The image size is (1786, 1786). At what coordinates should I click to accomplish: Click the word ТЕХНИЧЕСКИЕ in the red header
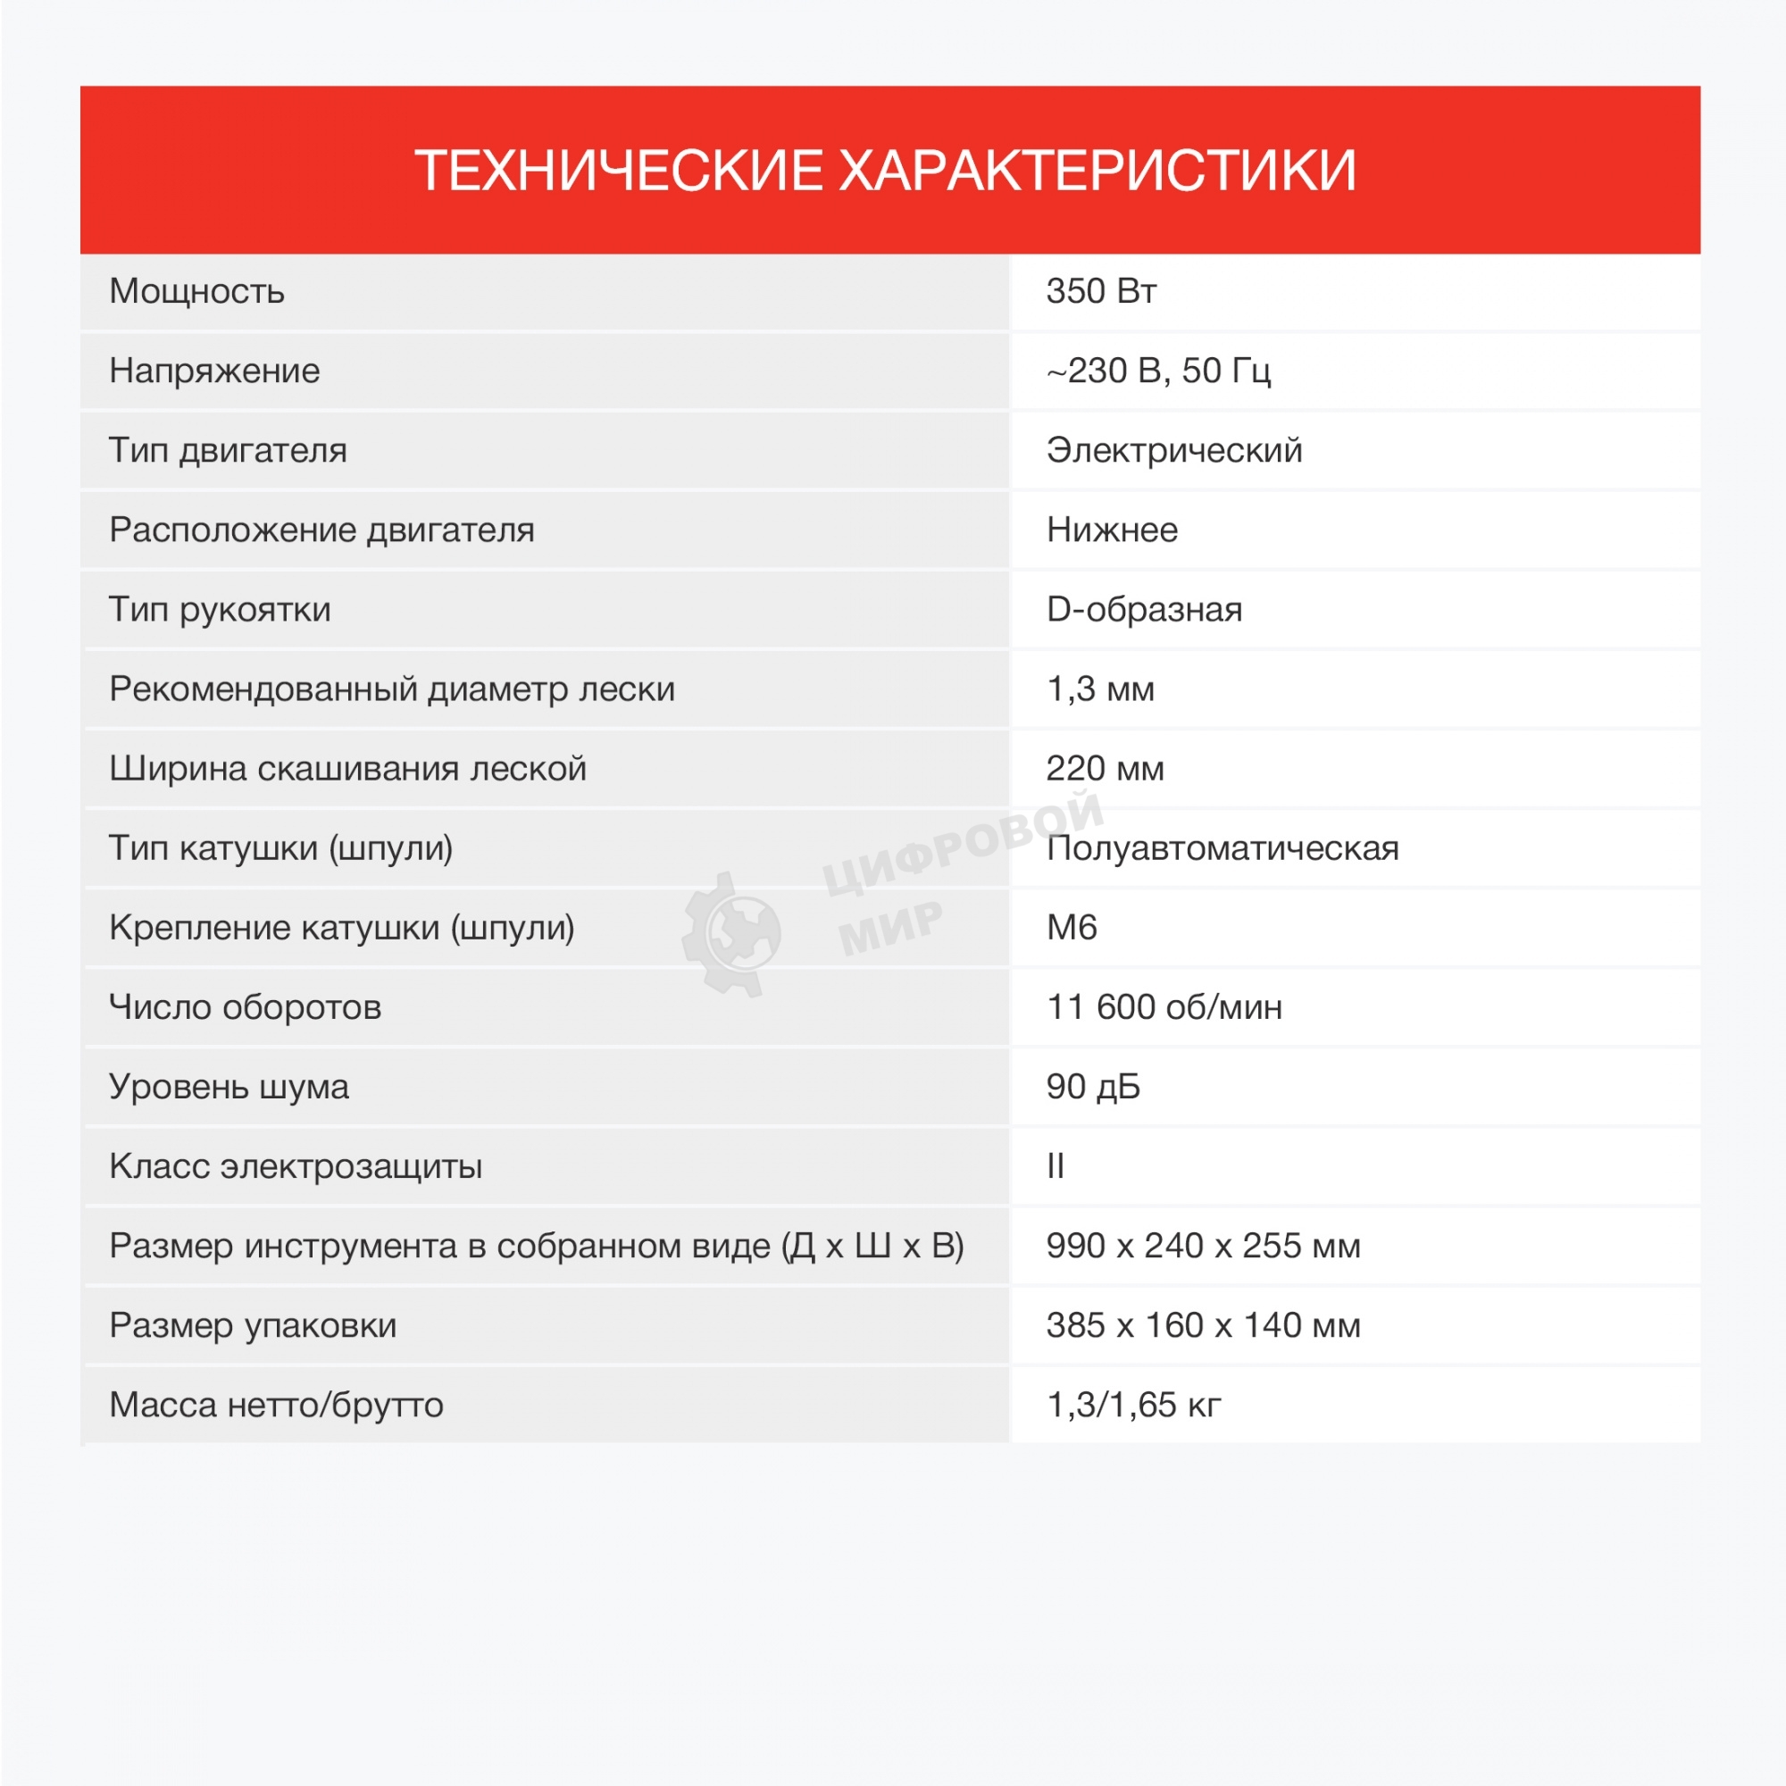point(618,171)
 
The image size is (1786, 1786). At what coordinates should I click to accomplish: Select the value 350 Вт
point(1101,291)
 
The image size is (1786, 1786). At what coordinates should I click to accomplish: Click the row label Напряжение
point(214,371)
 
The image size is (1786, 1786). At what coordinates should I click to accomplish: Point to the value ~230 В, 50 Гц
point(1158,371)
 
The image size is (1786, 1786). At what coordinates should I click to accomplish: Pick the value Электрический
point(1174,450)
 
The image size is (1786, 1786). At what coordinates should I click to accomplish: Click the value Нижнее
point(1112,530)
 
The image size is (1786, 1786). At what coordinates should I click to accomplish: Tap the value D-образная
point(1144,609)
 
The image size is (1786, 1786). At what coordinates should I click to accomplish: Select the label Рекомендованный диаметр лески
point(392,689)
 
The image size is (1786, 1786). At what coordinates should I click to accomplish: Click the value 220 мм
point(1105,768)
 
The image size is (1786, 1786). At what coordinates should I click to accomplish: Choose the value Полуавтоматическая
point(1223,847)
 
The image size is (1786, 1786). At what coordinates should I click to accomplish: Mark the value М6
point(1072,927)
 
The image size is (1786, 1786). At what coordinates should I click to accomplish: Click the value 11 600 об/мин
point(1164,1006)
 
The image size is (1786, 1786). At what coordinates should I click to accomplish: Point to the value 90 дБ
point(1093,1086)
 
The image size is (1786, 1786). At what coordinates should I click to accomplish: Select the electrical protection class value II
point(1056,1165)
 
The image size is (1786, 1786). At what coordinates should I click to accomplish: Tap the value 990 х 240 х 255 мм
point(1203,1245)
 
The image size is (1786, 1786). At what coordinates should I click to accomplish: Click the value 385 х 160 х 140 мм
point(1203,1324)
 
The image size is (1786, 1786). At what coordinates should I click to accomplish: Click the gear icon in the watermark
point(732,934)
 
